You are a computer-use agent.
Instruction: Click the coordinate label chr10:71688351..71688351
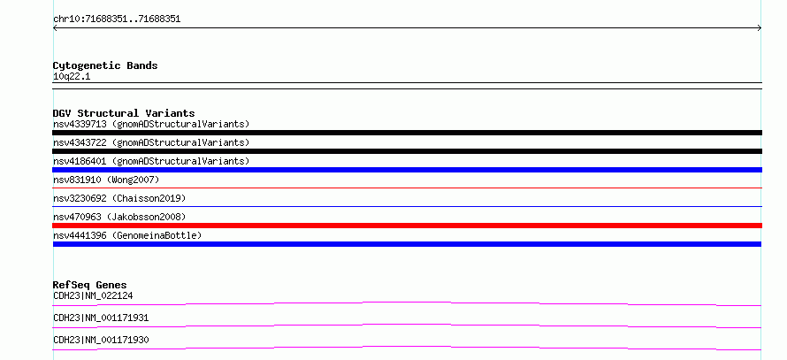(117, 19)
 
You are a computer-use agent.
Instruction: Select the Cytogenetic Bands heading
(105, 65)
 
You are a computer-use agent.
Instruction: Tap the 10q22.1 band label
(72, 77)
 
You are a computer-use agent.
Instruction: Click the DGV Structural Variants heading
(124, 113)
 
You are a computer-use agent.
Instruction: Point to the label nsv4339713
(80, 124)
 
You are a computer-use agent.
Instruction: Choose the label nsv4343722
(80, 142)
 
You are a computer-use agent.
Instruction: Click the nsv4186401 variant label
(80, 161)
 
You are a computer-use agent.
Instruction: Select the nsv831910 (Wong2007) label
(106, 180)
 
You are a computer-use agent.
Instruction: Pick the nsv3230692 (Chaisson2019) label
(119, 198)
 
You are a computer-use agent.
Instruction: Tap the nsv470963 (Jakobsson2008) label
(119, 217)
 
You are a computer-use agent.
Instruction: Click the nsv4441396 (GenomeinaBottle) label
(127, 235)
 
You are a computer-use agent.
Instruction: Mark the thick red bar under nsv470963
(407, 226)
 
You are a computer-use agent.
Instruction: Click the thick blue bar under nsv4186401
(407, 170)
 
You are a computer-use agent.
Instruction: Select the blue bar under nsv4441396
(407, 244)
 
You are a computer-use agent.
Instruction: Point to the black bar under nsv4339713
(407, 133)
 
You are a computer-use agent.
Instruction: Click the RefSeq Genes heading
(90, 285)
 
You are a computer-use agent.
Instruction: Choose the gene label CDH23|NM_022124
(93, 295)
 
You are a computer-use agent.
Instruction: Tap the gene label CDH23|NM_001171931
(101, 318)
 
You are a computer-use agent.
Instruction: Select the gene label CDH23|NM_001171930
(101, 340)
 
